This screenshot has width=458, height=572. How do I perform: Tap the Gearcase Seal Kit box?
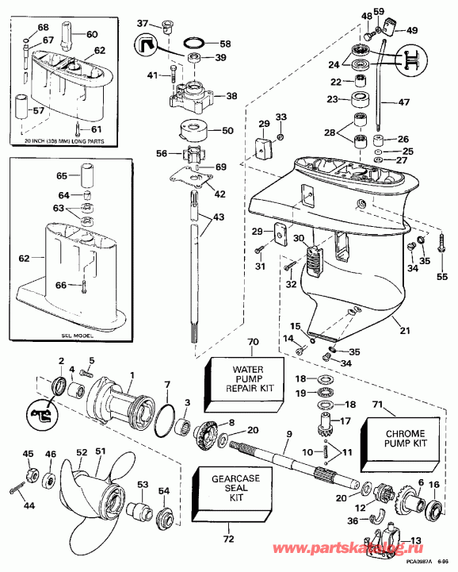[x=225, y=491]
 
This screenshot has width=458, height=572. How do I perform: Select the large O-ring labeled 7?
[x=162, y=420]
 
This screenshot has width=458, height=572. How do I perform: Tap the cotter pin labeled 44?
[x=17, y=493]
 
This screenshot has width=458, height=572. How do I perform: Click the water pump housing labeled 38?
[x=191, y=98]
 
